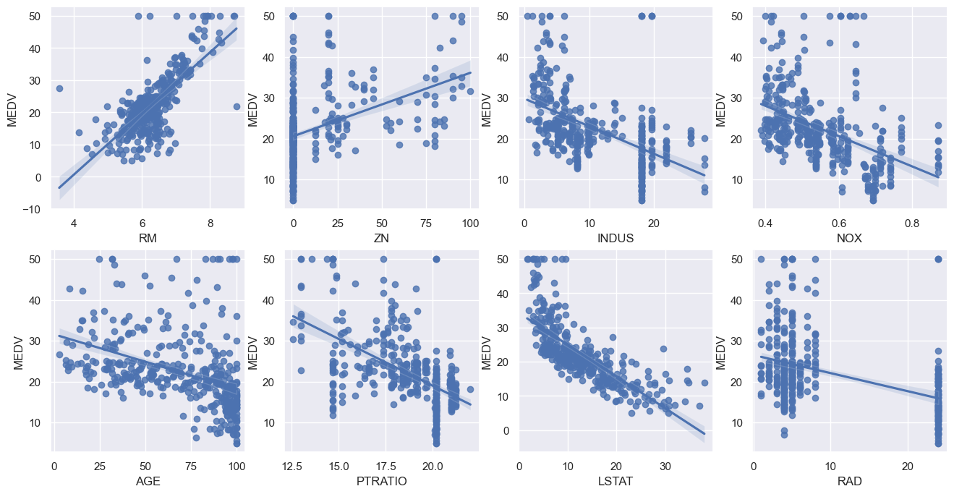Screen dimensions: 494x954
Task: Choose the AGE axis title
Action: [x=148, y=481]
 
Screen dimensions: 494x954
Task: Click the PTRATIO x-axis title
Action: [x=382, y=481]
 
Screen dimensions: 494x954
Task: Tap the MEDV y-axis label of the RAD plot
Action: [x=720, y=350]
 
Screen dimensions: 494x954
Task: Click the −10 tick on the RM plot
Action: [x=33, y=210]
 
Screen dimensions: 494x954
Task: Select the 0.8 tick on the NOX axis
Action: [x=912, y=221]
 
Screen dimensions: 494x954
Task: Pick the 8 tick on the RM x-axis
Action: [x=210, y=221]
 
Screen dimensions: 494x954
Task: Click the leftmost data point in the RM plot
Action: [x=59, y=88]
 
